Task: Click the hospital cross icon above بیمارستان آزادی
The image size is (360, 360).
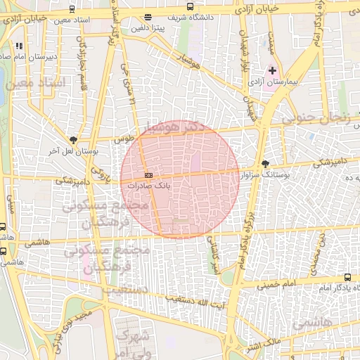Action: pos(273,71)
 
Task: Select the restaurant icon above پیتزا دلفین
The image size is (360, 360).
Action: pos(147,18)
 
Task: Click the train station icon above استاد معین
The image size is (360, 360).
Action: pos(73,11)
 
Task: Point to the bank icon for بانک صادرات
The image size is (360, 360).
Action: pos(148,174)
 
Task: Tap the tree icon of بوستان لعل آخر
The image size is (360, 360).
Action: pos(75,140)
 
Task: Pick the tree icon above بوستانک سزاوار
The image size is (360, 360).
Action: pos(265,164)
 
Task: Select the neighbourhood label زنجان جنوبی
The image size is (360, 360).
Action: pos(316,119)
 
